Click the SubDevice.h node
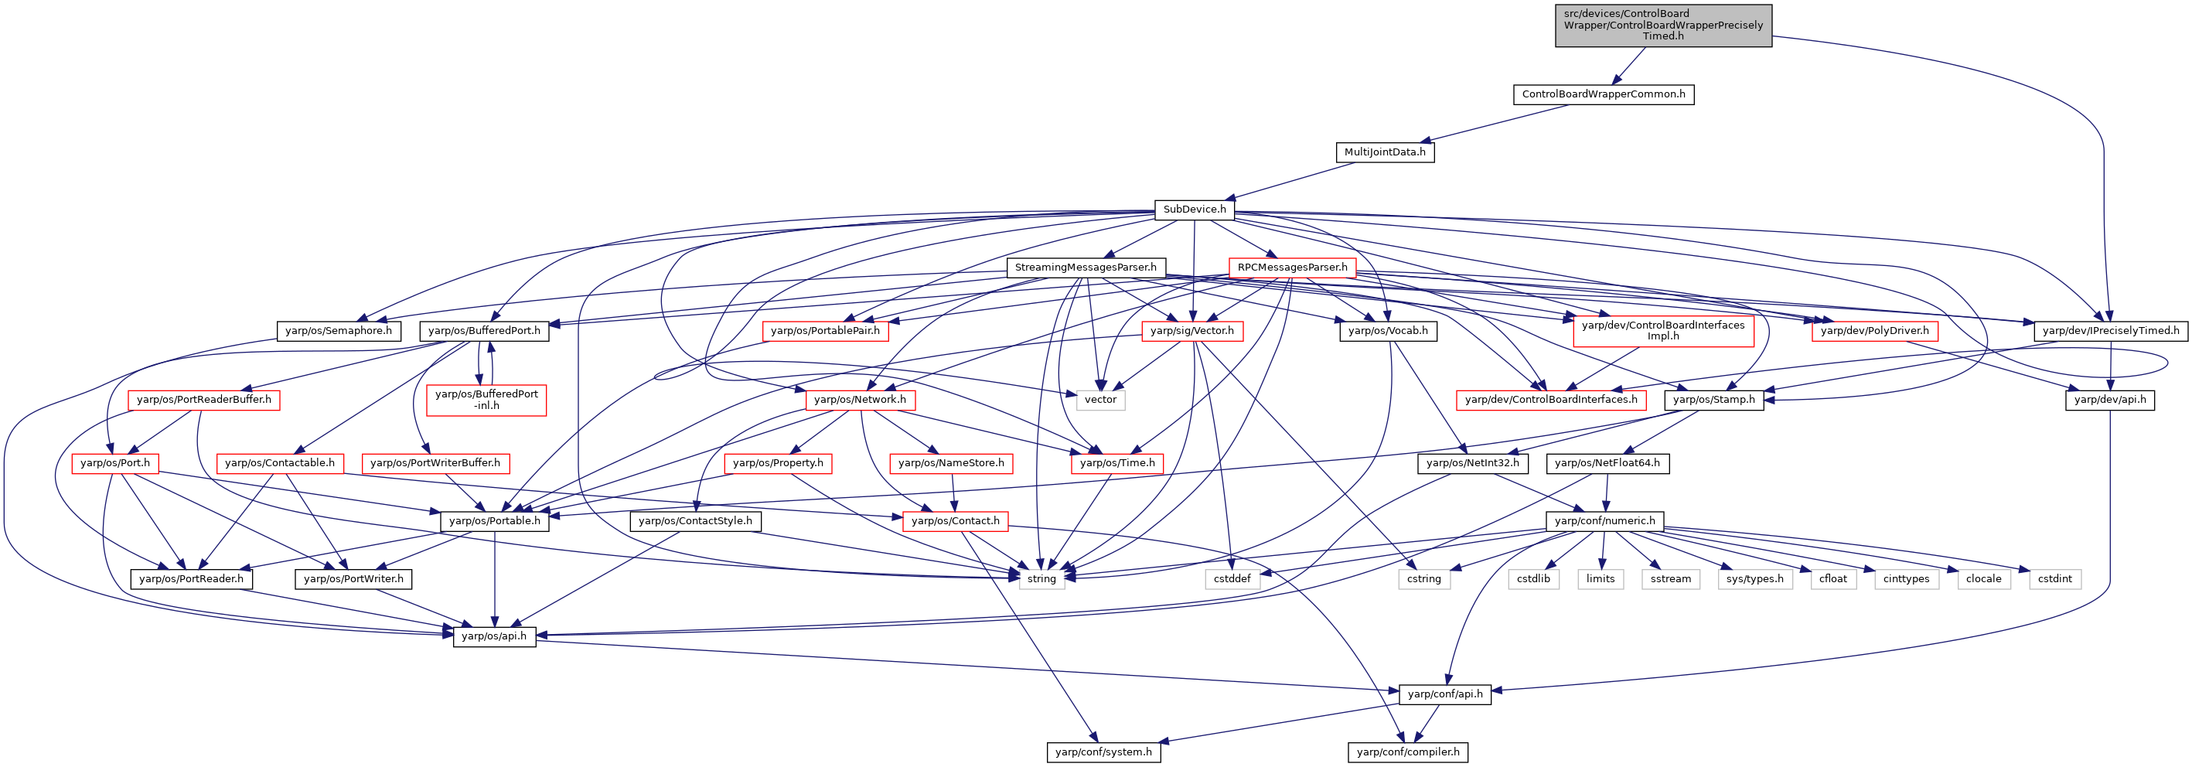point(1195,210)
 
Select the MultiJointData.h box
point(1385,152)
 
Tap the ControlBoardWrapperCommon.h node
point(1603,94)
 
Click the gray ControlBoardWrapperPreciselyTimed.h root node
point(1664,26)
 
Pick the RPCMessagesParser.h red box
point(1293,268)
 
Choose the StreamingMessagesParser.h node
point(1086,268)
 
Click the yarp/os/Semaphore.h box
point(339,331)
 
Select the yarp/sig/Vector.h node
point(1192,331)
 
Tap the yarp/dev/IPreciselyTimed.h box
point(2111,331)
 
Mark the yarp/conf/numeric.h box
point(1605,521)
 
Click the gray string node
point(1041,579)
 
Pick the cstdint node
point(2055,579)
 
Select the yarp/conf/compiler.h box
point(1408,752)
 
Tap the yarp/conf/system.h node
point(1103,752)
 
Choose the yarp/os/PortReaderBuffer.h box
point(204,400)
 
